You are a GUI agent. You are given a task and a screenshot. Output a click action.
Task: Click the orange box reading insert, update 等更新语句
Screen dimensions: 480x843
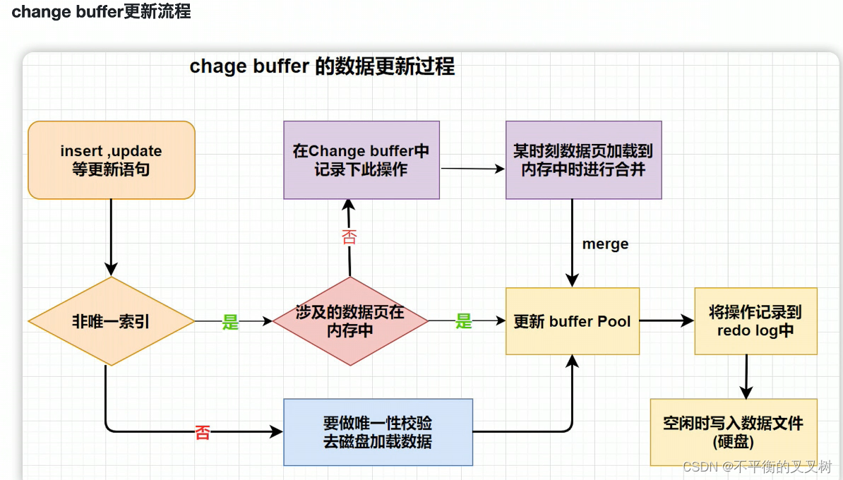[x=111, y=160]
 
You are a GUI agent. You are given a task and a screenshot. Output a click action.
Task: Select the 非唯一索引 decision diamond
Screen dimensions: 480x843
[x=111, y=321]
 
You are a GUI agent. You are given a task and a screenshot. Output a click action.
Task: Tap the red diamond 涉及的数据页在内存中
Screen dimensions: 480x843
[x=350, y=321]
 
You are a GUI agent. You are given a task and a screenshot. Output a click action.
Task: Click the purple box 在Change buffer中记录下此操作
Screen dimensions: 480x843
[x=361, y=160]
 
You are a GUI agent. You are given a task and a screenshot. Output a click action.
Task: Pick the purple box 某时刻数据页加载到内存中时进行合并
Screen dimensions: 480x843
[x=583, y=160]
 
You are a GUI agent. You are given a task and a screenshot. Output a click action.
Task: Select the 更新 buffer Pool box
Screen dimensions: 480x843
[x=572, y=321]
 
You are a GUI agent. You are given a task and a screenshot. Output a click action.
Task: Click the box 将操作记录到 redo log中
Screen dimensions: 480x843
[x=755, y=321]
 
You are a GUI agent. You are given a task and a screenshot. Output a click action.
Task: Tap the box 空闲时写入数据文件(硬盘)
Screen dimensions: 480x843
[x=733, y=432]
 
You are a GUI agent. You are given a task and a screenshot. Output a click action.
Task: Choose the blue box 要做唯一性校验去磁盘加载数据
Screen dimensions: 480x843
[x=378, y=432]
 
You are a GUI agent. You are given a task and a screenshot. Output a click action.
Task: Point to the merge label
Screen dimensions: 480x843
[x=605, y=244]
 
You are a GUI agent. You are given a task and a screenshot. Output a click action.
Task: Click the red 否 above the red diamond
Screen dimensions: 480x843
[x=349, y=236]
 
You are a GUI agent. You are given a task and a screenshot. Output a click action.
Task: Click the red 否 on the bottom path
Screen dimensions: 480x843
[x=203, y=433]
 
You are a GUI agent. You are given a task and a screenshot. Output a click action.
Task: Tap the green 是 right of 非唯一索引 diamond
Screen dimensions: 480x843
[x=231, y=323]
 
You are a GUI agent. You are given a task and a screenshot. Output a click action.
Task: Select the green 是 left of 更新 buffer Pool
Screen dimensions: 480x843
[x=463, y=322]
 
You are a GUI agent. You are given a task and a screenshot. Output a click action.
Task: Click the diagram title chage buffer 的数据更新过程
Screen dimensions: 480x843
[x=322, y=67]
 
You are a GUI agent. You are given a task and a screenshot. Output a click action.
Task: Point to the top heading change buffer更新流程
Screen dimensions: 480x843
[x=101, y=12]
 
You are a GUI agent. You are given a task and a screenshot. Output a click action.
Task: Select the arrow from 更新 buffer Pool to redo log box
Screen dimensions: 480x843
[x=666, y=321]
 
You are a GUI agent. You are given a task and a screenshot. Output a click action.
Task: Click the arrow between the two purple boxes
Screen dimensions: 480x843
[x=472, y=169]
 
